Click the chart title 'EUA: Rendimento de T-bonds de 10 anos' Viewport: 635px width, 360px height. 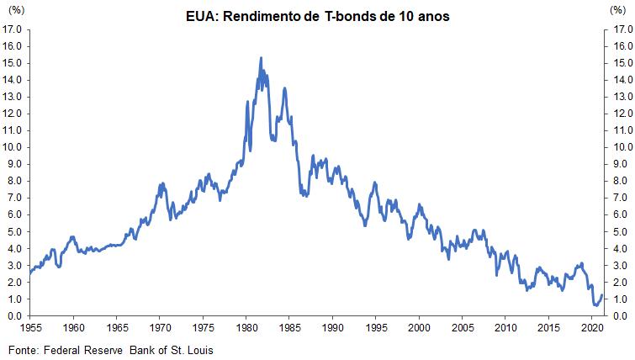tap(317, 17)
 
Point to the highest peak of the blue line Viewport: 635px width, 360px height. tap(261, 58)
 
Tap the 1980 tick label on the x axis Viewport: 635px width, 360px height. tap(246, 326)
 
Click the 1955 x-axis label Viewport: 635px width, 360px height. tap(30, 326)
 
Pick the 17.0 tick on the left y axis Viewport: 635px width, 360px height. tap(13, 29)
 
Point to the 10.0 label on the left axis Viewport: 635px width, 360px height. tap(13, 147)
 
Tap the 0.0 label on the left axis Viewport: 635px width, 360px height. tap(13, 316)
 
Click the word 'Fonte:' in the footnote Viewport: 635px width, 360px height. tap(24, 348)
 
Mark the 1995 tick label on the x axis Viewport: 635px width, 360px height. tap(376, 326)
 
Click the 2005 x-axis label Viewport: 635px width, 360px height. tap(463, 326)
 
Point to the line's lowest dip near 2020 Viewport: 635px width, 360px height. tap(595, 305)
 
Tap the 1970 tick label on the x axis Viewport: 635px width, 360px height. tap(160, 326)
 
